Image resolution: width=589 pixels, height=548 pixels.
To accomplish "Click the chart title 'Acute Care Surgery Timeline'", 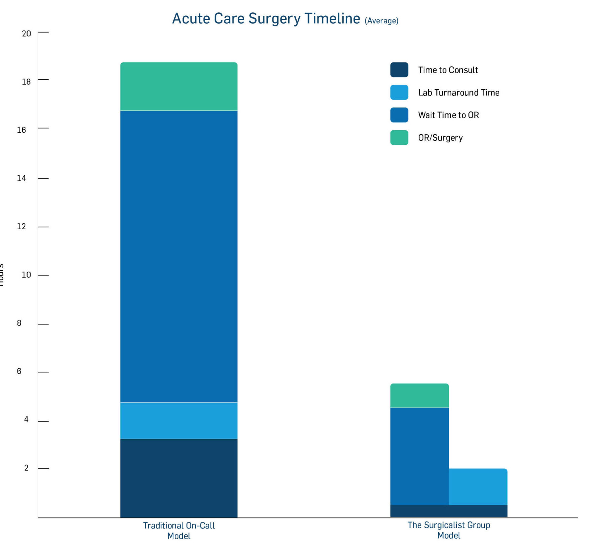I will [x=266, y=18].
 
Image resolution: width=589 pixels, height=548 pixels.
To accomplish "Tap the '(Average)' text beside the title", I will [x=381, y=21].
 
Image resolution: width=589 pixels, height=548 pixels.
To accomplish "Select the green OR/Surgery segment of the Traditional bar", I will [x=179, y=86].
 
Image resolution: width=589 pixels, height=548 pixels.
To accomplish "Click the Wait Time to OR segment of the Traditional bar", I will [x=179, y=256].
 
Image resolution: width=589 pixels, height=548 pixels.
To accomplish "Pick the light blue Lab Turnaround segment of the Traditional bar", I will [x=179, y=420].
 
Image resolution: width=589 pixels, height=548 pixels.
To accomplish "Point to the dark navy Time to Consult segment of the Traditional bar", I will [x=179, y=478].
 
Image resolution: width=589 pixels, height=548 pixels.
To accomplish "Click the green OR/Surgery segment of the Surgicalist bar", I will [x=419, y=395].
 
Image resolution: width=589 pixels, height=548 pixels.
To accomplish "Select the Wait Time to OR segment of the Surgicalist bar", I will [x=419, y=456].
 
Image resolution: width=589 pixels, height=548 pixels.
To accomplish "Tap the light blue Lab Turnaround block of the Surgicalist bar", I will [x=478, y=487].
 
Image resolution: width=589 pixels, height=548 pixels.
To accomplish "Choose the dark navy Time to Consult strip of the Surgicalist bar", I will [x=449, y=511].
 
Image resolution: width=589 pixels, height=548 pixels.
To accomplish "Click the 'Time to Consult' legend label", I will [x=448, y=70].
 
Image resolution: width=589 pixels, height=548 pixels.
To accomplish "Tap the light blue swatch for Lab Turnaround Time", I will [x=399, y=92].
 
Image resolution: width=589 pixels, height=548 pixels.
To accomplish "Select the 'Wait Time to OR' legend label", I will [x=448, y=115].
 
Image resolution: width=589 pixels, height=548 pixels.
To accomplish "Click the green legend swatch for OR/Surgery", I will [x=399, y=138].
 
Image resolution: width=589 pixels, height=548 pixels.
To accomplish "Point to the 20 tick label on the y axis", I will [x=26, y=34].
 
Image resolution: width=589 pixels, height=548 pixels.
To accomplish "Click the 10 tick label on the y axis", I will [x=26, y=275].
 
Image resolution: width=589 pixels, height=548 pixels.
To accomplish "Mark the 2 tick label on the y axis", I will [x=26, y=468].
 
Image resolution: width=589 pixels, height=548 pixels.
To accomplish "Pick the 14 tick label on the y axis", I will [x=22, y=178].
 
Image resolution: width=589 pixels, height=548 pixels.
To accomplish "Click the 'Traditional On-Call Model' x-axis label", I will [x=179, y=531].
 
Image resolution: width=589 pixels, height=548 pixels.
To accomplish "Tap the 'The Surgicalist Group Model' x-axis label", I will [x=449, y=530].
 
